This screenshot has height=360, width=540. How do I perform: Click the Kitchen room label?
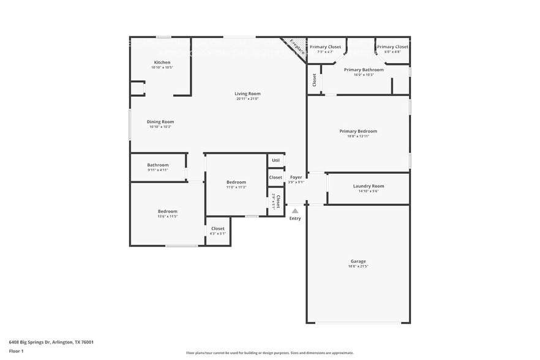click(162, 62)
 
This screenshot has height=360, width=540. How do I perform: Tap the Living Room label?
click(247, 94)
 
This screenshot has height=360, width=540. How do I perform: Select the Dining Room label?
click(160, 122)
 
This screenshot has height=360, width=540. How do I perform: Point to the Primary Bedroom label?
click(358, 131)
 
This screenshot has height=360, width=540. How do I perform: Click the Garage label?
click(358, 261)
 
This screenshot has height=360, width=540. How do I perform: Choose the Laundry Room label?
click(369, 186)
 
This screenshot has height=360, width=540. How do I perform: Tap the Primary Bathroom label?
click(364, 70)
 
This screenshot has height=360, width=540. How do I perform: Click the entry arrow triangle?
click(295, 211)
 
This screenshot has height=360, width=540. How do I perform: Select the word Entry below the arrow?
click(295, 219)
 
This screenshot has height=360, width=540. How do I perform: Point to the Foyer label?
click(296, 177)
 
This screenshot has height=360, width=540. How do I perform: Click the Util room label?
click(276, 160)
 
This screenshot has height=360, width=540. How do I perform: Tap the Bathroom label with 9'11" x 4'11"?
click(157, 165)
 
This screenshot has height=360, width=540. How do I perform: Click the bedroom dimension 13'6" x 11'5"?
click(168, 217)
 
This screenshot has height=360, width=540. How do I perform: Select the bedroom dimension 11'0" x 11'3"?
click(236, 187)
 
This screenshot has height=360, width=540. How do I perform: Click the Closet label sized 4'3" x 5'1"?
click(218, 228)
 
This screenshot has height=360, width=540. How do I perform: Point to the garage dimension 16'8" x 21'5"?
click(358, 266)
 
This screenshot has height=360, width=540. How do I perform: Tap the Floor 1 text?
click(16, 351)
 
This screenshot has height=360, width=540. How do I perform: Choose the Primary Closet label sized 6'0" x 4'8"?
click(392, 47)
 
